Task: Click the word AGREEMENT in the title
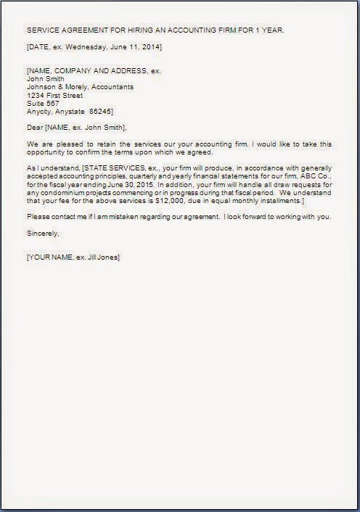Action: (83, 30)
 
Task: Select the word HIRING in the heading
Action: (137, 30)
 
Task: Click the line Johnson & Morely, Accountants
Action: (80, 87)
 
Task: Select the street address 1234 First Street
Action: (54, 95)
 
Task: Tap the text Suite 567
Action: (43, 103)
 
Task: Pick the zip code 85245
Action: (100, 112)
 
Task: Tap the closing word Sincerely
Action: (42, 234)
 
